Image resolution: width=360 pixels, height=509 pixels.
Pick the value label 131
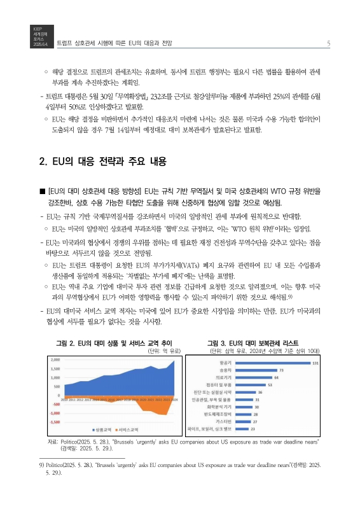[x=297, y=363]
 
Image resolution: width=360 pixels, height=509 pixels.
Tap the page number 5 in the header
[x=327, y=43]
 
